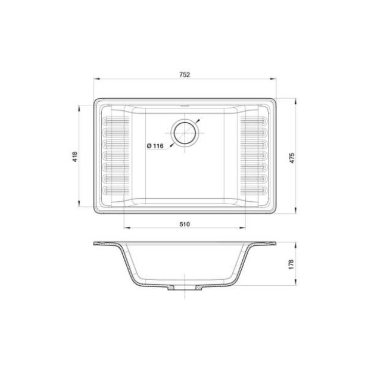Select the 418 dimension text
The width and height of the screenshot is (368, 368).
74,156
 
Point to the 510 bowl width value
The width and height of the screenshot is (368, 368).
184,224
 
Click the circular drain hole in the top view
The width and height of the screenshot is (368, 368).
184,132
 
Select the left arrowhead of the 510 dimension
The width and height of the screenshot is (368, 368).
125,229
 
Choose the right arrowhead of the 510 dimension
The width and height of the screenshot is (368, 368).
244,229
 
